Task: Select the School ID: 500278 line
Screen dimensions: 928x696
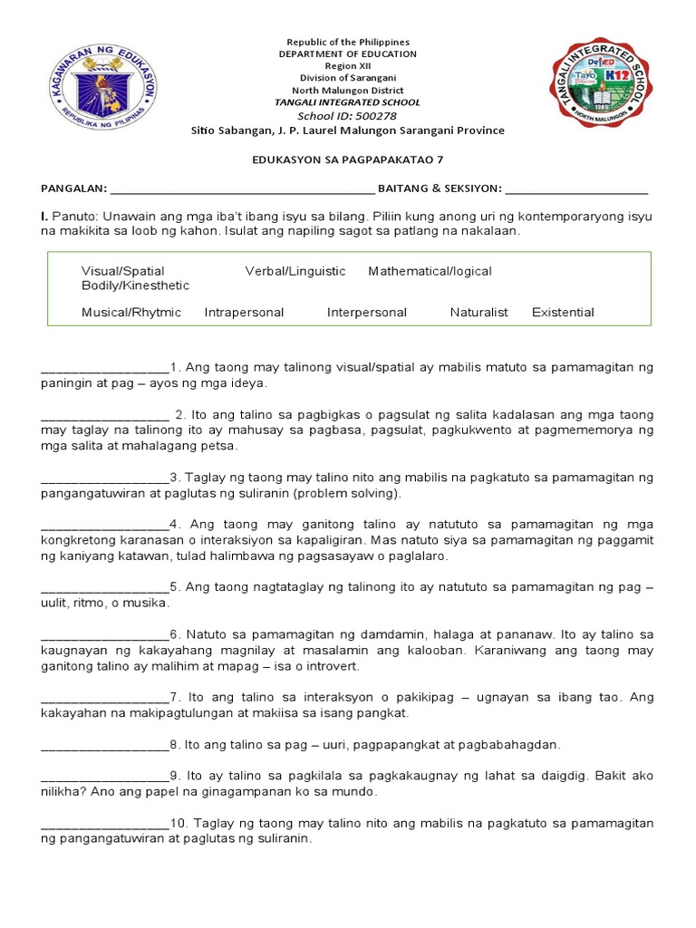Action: pyautogui.click(x=348, y=116)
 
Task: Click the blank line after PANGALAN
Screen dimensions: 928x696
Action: pyautogui.click(x=241, y=188)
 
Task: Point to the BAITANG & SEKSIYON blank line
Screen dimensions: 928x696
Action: pyautogui.click(x=576, y=188)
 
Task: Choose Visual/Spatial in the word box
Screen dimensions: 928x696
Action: pyautogui.click(x=123, y=271)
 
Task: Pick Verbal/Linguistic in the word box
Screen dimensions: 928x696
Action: pyautogui.click(x=295, y=271)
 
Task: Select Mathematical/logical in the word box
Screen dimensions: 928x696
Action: pyautogui.click(x=430, y=271)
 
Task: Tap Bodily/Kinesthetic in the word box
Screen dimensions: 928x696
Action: pyautogui.click(x=136, y=285)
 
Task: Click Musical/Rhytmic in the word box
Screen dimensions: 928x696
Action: pyautogui.click(x=131, y=313)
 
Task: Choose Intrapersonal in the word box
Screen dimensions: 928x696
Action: pyautogui.click(x=244, y=313)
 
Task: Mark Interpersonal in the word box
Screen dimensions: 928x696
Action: pyautogui.click(x=367, y=313)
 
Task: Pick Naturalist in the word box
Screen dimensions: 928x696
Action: pyautogui.click(x=479, y=313)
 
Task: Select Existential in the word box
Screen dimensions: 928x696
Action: pyautogui.click(x=563, y=313)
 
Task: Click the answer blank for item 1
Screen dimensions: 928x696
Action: pyautogui.click(x=105, y=368)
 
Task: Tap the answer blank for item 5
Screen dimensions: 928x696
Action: pyautogui.click(x=105, y=587)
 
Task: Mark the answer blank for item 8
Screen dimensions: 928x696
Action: pyautogui.click(x=105, y=745)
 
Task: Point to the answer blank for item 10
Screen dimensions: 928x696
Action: pyautogui.click(x=105, y=824)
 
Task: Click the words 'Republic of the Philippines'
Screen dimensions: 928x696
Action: pyautogui.click(x=348, y=42)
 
